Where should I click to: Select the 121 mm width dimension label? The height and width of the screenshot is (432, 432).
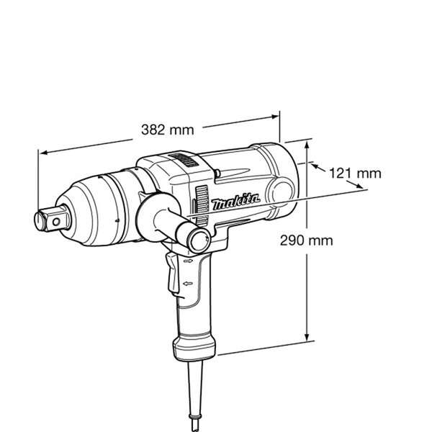pos(354,173)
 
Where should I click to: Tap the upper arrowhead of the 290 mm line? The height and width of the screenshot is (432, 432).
pos(309,145)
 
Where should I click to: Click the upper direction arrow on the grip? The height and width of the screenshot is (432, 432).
pos(188,264)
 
